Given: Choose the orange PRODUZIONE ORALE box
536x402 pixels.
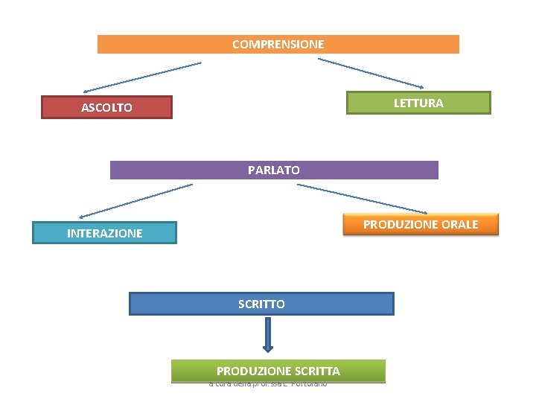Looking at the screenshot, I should (x=420, y=224).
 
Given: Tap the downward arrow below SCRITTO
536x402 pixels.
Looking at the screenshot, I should (x=268, y=334).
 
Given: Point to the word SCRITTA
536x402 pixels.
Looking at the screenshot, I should (x=317, y=371).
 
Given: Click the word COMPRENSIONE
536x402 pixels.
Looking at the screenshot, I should (x=278, y=44).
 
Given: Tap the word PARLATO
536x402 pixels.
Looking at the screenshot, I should (x=274, y=170).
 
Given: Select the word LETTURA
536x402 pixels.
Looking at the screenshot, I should (x=418, y=103).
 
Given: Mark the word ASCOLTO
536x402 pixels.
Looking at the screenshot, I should (x=106, y=107).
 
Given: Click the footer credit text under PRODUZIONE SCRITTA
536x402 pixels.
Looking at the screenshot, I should (x=268, y=383).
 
